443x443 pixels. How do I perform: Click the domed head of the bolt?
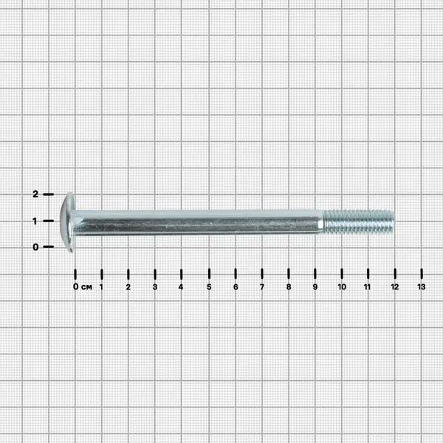click(67, 222)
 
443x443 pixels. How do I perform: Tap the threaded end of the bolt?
click(359, 221)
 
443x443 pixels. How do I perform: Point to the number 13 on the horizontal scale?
click(422, 286)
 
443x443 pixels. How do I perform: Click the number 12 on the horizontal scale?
click(395, 286)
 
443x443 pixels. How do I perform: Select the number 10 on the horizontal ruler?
click(342, 286)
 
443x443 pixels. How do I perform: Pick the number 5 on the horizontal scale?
click(209, 286)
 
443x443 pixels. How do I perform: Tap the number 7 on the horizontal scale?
click(262, 286)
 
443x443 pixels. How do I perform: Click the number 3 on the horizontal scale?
click(155, 286)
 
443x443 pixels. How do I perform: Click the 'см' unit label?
click(86, 287)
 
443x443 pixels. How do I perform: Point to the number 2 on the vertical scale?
click(35, 193)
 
